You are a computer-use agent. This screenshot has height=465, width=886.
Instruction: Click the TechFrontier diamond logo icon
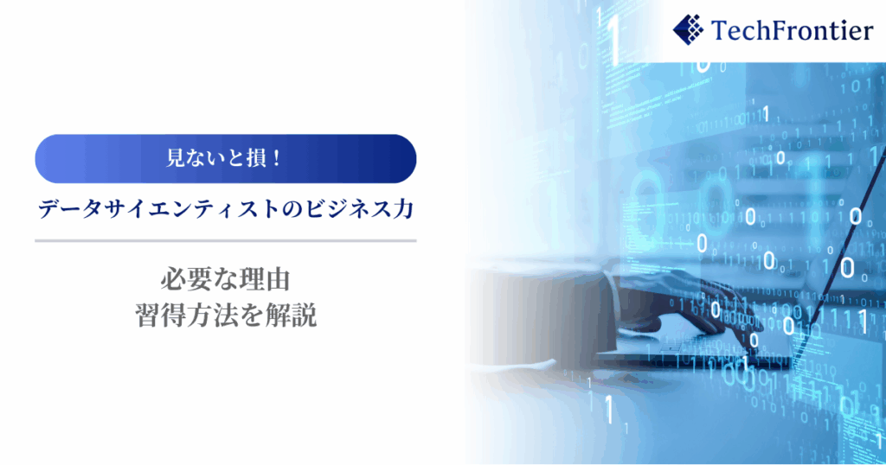(x=688, y=30)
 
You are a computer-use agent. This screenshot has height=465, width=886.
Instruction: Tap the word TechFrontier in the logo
(x=792, y=30)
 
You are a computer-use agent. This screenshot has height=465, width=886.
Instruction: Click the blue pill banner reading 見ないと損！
(x=226, y=158)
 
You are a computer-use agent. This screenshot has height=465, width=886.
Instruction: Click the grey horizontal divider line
(x=226, y=241)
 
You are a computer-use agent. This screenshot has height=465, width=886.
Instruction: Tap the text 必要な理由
(x=226, y=279)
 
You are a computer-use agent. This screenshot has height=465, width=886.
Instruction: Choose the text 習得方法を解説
(x=226, y=315)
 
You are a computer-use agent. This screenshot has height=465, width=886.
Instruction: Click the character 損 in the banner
(x=256, y=158)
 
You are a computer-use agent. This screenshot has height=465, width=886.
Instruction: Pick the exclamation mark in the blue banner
(x=276, y=158)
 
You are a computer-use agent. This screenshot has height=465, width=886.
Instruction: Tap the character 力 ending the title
(x=403, y=209)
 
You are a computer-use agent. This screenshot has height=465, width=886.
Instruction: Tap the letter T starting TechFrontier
(x=719, y=30)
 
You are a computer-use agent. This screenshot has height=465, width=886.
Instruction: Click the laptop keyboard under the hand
(x=695, y=350)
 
